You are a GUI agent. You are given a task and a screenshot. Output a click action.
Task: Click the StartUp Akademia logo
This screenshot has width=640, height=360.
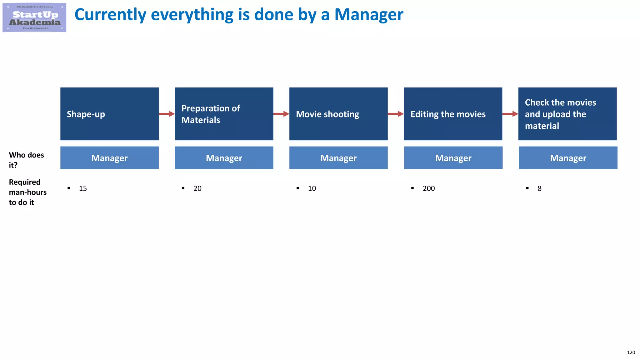coord(34,17)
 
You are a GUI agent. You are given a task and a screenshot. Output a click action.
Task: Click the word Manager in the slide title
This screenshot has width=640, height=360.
coord(369,15)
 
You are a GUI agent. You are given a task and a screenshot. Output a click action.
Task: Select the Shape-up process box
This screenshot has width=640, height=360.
coord(109,114)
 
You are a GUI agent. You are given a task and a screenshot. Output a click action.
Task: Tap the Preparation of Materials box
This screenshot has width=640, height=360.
coord(224,114)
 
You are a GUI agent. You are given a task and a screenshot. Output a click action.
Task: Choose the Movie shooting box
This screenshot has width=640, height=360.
coord(338,114)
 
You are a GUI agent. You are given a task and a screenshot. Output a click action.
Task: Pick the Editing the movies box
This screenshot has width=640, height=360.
coord(453,114)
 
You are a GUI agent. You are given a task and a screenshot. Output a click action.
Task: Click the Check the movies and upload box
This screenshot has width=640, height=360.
coord(567,114)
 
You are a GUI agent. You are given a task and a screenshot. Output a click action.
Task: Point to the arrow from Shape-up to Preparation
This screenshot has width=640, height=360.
coord(167,114)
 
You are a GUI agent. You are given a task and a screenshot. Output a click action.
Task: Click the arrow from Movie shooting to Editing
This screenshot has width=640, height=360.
coord(396,114)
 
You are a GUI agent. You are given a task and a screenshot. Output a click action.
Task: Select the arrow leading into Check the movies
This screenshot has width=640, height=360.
coord(510,114)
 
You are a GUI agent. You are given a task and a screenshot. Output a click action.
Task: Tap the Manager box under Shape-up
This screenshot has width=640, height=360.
coord(109,158)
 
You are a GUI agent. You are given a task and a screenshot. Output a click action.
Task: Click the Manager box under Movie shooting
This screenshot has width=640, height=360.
coord(338,158)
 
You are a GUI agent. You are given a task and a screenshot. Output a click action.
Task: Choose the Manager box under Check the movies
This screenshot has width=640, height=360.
coord(568,158)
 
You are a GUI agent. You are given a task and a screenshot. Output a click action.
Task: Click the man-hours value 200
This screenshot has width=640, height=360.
coord(428,188)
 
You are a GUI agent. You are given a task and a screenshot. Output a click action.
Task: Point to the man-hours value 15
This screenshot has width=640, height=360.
coord(83,188)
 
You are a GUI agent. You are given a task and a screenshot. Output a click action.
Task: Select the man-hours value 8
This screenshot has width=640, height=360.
coord(539,188)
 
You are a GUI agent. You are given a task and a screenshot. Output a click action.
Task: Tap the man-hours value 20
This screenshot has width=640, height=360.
coord(197,188)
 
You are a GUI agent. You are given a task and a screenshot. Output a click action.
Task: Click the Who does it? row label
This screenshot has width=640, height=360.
coord(26,160)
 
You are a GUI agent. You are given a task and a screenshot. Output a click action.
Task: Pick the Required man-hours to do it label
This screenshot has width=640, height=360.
coord(27,192)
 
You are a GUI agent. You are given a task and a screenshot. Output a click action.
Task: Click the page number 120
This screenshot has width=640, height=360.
coord(631,352)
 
